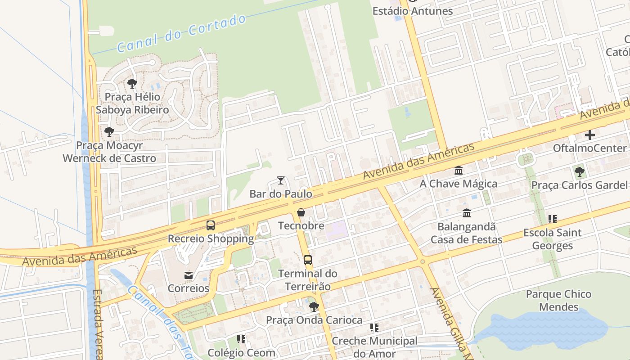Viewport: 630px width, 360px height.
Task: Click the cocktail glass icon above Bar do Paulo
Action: pyautogui.click(x=281, y=180)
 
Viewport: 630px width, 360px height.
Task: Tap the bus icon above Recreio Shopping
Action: pyautogui.click(x=211, y=225)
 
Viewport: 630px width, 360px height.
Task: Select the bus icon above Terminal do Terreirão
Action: pyautogui.click(x=308, y=260)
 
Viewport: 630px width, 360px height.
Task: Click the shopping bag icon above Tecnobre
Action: pyautogui.click(x=301, y=212)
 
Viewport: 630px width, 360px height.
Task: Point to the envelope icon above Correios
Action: pyautogui.click(x=189, y=275)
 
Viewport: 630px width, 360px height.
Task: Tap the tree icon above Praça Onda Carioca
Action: pyautogui.click(x=314, y=307)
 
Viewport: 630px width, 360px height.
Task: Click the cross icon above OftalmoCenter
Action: pyautogui.click(x=589, y=135)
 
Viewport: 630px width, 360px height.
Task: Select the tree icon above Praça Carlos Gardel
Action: pyautogui.click(x=579, y=171)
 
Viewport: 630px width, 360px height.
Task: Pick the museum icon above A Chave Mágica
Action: pyautogui.click(x=459, y=171)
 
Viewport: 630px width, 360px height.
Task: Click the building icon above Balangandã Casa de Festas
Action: pyautogui.click(x=467, y=213)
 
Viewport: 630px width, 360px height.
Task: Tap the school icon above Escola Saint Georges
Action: pyautogui.click(x=552, y=219)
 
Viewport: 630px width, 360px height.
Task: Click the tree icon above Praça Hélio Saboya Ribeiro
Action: pyautogui.click(x=132, y=83)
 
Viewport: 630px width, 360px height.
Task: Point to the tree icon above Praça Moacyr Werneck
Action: pyautogui.click(x=109, y=132)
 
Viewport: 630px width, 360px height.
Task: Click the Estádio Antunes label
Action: pyautogui.click(x=412, y=11)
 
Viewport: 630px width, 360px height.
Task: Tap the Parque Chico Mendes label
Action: pyautogui.click(x=558, y=301)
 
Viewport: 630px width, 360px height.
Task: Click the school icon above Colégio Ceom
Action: pyautogui.click(x=241, y=339)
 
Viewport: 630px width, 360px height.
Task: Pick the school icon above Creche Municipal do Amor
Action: pyautogui.click(x=374, y=328)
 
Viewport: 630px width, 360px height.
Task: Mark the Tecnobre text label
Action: pyautogui.click(x=301, y=225)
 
